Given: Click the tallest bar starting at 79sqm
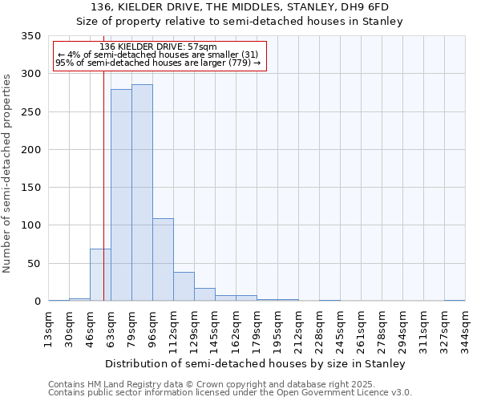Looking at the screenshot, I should point(142,192).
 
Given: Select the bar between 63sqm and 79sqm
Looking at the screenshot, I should point(121,195).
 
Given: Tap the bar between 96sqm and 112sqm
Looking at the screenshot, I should point(163,259).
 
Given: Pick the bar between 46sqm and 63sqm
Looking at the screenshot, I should point(100,274).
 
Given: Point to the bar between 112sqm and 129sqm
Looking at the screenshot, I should point(184,286).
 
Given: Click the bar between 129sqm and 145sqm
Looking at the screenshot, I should point(204,294).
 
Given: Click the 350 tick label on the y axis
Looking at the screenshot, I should point(30,36).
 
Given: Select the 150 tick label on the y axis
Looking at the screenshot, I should point(30,188).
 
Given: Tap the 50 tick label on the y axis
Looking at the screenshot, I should point(34,264).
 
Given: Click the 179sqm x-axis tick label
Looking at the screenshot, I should point(257,328).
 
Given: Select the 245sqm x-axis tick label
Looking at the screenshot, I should point(340,328).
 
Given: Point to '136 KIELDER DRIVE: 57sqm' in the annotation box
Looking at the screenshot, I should point(160,47).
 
